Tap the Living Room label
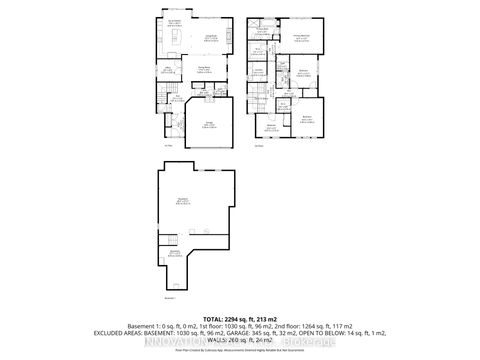[212, 38]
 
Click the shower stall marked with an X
[258, 22]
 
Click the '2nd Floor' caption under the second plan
[257, 146]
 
